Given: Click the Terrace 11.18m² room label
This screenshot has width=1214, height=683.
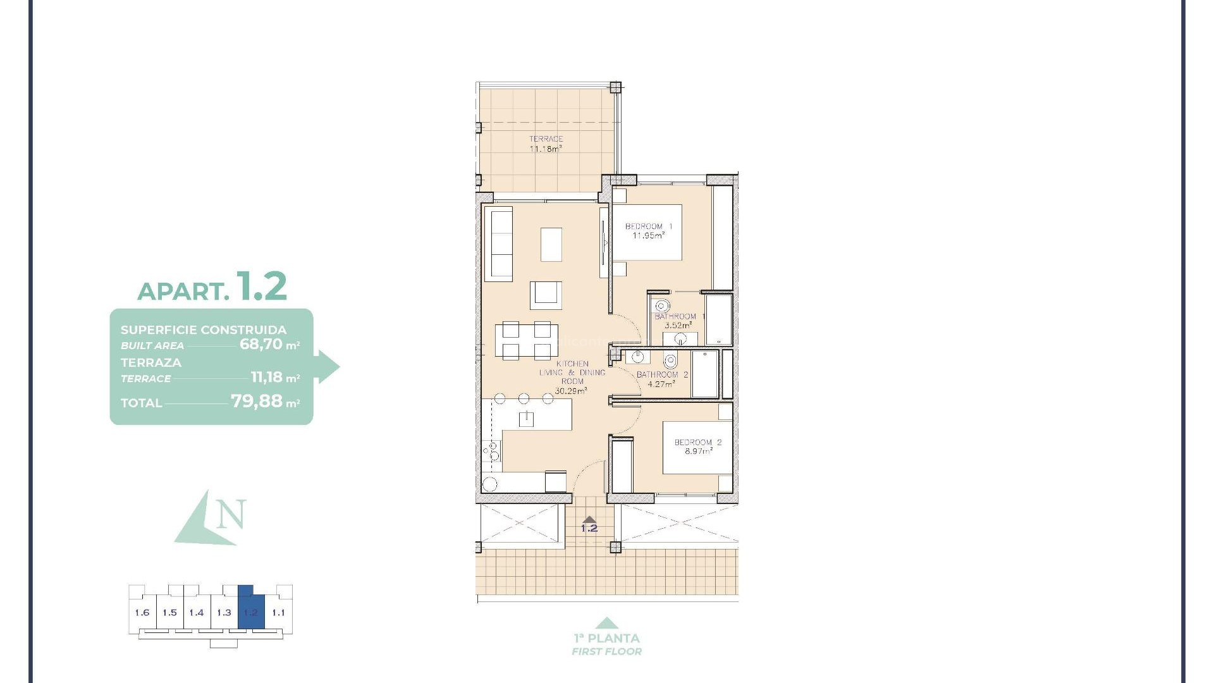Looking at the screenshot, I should pyautogui.click(x=546, y=144).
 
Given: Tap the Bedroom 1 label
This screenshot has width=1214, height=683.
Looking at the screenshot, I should pyautogui.click(x=648, y=226).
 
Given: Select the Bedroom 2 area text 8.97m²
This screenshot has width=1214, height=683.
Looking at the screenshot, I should pyautogui.click(x=698, y=452).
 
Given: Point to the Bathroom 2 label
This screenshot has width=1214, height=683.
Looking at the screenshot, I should pyautogui.click(x=662, y=374).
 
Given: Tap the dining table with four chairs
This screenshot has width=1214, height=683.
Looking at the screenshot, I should pyautogui.click(x=526, y=340).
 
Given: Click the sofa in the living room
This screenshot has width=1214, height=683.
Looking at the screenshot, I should pyautogui.click(x=499, y=244).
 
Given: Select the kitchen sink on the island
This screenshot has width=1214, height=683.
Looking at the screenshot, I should pyautogui.click(x=526, y=418).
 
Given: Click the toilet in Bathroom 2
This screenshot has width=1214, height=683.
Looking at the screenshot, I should pyautogui.click(x=670, y=361).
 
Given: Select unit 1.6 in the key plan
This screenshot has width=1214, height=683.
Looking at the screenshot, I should pyautogui.click(x=142, y=612).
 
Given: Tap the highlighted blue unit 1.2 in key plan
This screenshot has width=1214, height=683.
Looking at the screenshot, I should pyautogui.click(x=251, y=612).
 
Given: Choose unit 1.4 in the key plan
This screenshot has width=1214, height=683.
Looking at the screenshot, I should pyautogui.click(x=197, y=612).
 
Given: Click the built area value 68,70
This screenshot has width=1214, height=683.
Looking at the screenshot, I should pyautogui.click(x=260, y=345).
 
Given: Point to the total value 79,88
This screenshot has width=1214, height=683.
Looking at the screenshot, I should pyautogui.click(x=256, y=401).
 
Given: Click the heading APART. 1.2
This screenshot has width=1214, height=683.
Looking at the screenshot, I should pyautogui.click(x=212, y=288).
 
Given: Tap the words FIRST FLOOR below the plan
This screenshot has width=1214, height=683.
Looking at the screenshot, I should pyautogui.click(x=606, y=651).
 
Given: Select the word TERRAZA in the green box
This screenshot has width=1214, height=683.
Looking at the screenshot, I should pyautogui.click(x=151, y=362).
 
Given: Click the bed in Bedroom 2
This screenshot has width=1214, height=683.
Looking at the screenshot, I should pyautogui.click(x=697, y=448).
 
